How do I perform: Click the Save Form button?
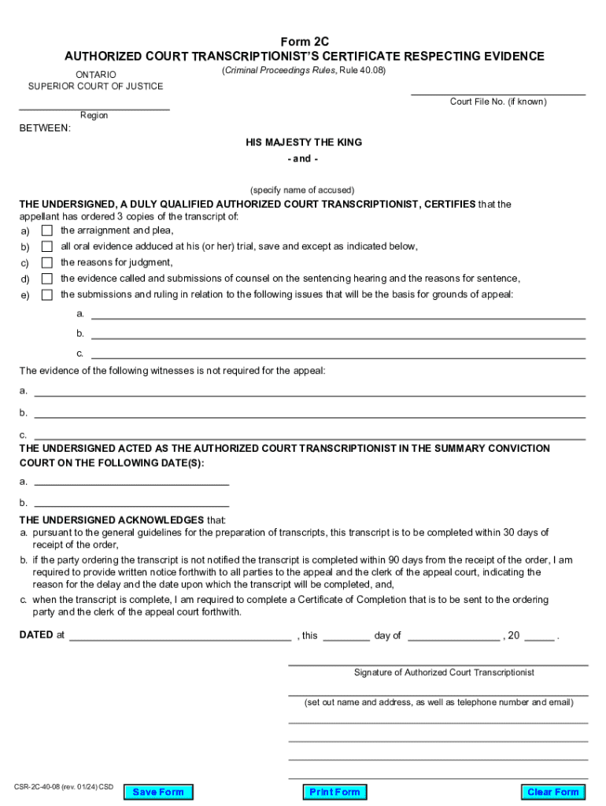click(x=158, y=792)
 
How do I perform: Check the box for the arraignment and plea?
click(x=47, y=231)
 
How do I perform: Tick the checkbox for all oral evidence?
click(x=47, y=246)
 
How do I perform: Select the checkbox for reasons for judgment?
click(x=47, y=263)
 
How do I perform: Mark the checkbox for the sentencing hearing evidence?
click(x=47, y=279)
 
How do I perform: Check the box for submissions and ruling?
click(x=47, y=295)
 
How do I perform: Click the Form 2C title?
click(x=304, y=41)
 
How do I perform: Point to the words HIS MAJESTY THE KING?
click(x=304, y=142)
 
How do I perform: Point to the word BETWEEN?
click(x=45, y=128)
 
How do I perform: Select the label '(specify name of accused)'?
click(x=303, y=190)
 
